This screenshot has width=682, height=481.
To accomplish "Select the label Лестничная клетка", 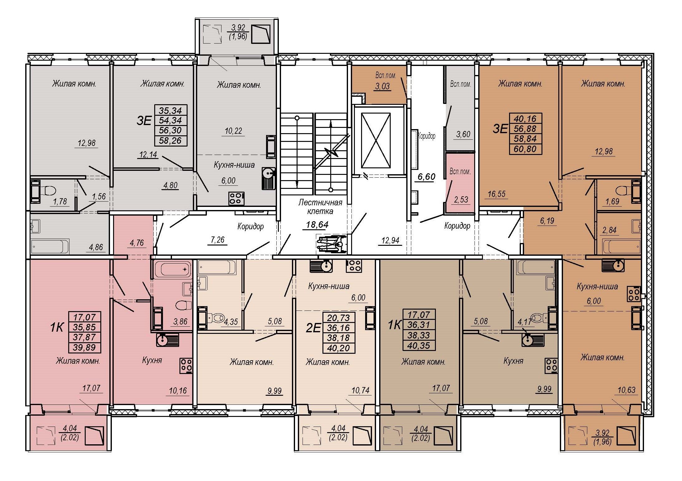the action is (320, 207).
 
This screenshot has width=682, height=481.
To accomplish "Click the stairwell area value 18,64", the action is (317, 224).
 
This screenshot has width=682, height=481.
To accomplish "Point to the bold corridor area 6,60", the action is (427, 177).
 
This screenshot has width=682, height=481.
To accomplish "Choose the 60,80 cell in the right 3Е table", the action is (525, 149).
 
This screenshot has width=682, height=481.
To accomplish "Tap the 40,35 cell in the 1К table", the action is (419, 345).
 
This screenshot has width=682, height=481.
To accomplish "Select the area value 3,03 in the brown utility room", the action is (382, 86).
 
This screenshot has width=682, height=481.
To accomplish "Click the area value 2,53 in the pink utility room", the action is (461, 199).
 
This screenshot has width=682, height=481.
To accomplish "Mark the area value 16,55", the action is (497, 194).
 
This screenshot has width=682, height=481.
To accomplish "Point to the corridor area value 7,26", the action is (217, 240).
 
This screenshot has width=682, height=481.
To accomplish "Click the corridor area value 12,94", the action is (390, 240).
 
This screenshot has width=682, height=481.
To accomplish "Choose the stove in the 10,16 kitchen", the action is (186, 366).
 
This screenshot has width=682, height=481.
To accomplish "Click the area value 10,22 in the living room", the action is (233, 131).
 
